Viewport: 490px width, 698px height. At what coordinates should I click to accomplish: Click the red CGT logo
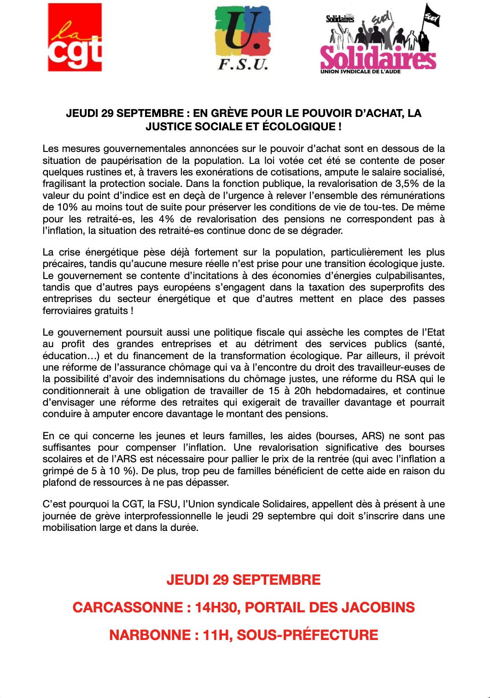coord(75,37)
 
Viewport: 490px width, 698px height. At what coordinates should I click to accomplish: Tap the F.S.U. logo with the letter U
coord(243,38)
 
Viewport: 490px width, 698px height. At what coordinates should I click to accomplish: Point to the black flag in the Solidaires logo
coord(432,18)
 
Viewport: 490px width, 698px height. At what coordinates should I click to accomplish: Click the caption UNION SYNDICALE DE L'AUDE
coord(360,72)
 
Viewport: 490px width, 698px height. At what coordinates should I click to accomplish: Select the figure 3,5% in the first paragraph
coord(406,184)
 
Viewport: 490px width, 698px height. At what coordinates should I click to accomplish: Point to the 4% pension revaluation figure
coord(166,219)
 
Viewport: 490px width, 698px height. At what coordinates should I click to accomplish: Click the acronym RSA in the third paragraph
coord(406,379)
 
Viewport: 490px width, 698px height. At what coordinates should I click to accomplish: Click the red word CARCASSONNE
coord(128,607)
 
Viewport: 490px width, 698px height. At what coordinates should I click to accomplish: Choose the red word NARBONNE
coord(150,635)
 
